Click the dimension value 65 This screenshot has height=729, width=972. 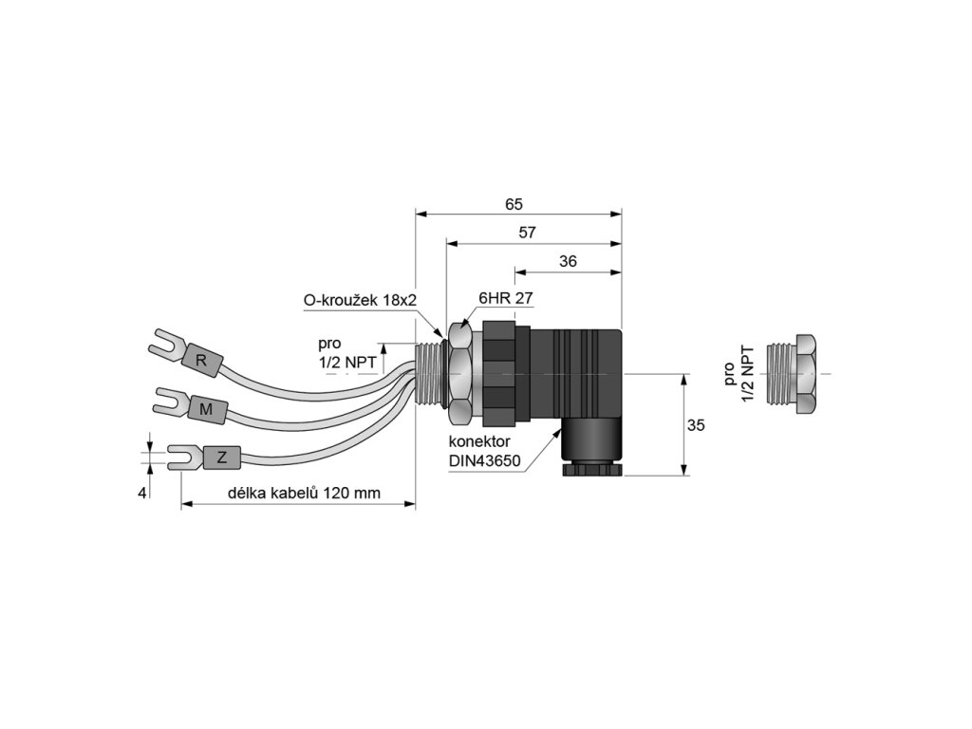click(x=514, y=204)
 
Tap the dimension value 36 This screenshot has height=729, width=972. click(x=568, y=261)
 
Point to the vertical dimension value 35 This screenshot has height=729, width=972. click(x=696, y=426)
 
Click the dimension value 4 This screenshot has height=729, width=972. click(x=142, y=493)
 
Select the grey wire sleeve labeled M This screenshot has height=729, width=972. click(x=204, y=409)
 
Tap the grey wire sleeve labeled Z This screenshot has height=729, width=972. click(x=221, y=458)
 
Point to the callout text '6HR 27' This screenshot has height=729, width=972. click(x=505, y=298)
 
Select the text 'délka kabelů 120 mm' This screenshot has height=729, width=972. click(x=305, y=494)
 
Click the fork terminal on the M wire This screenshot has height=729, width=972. click(x=168, y=402)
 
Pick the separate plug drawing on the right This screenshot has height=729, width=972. click(x=795, y=375)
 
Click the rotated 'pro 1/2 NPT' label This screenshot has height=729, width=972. click(x=737, y=376)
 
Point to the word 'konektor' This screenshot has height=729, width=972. click(x=480, y=442)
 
